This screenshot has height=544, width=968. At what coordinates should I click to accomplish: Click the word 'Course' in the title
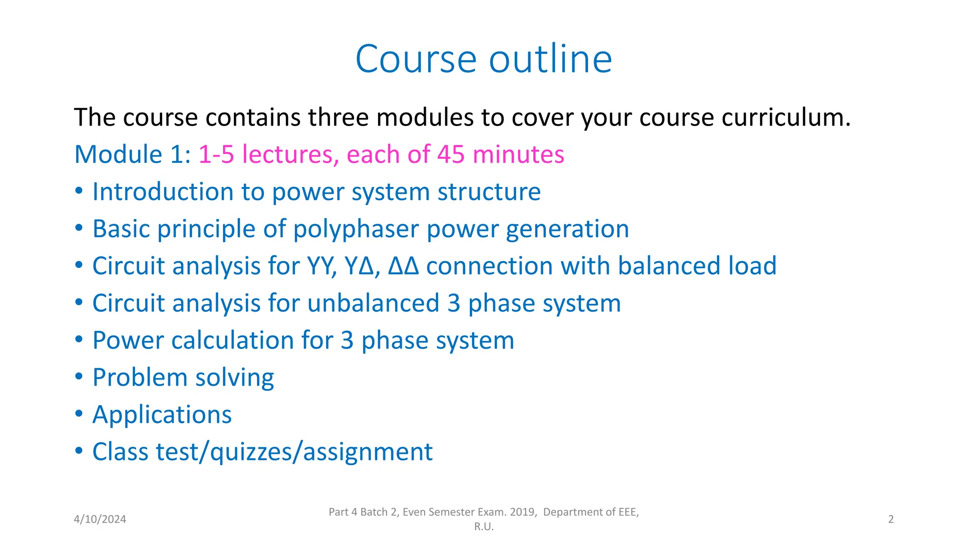(416, 59)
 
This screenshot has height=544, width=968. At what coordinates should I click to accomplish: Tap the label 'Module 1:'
(132, 154)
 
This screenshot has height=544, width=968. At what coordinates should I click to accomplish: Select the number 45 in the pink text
(450, 154)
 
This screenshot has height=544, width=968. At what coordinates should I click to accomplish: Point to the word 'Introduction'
(163, 192)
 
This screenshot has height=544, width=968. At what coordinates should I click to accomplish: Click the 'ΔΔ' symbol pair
(403, 266)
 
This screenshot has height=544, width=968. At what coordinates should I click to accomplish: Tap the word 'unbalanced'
(373, 303)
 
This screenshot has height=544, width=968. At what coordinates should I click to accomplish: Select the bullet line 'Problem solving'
(183, 378)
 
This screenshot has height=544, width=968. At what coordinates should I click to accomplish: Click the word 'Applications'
(162, 415)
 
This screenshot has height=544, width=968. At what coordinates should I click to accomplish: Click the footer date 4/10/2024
(100, 519)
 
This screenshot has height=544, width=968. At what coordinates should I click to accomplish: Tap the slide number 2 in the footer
(890, 519)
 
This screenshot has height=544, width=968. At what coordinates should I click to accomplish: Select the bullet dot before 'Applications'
(79, 414)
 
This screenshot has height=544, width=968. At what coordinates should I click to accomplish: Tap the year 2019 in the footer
(522, 512)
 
